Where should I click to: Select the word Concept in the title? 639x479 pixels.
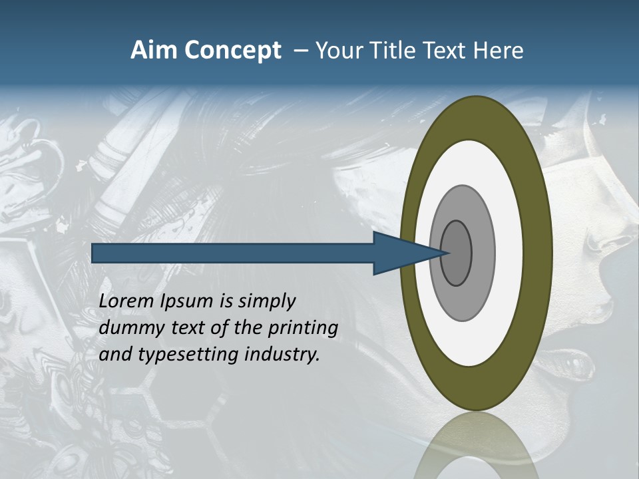click(x=232, y=51)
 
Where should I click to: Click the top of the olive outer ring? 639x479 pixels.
click(x=477, y=116)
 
